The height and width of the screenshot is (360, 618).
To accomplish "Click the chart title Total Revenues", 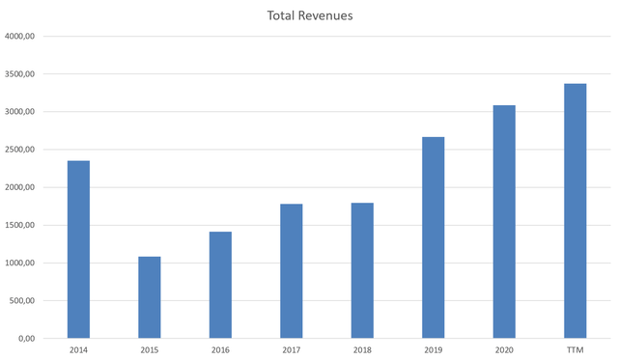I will [x=308, y=16].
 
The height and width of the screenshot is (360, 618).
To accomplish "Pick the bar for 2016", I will [x=220, y=285].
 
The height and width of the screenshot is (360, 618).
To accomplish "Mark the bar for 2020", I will [x=504, y=222].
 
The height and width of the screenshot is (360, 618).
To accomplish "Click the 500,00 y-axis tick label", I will [x=23, y=300].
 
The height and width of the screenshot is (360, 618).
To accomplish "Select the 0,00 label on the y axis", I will [x=27, y=338].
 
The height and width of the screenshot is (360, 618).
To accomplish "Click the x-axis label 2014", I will [x=78, y=350].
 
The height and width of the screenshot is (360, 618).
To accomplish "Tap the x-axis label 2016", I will [x=220, y=350].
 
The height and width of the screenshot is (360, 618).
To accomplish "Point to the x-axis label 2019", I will [x=433, y=350].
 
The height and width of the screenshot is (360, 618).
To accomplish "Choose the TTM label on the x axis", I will [x=575, y=350].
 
